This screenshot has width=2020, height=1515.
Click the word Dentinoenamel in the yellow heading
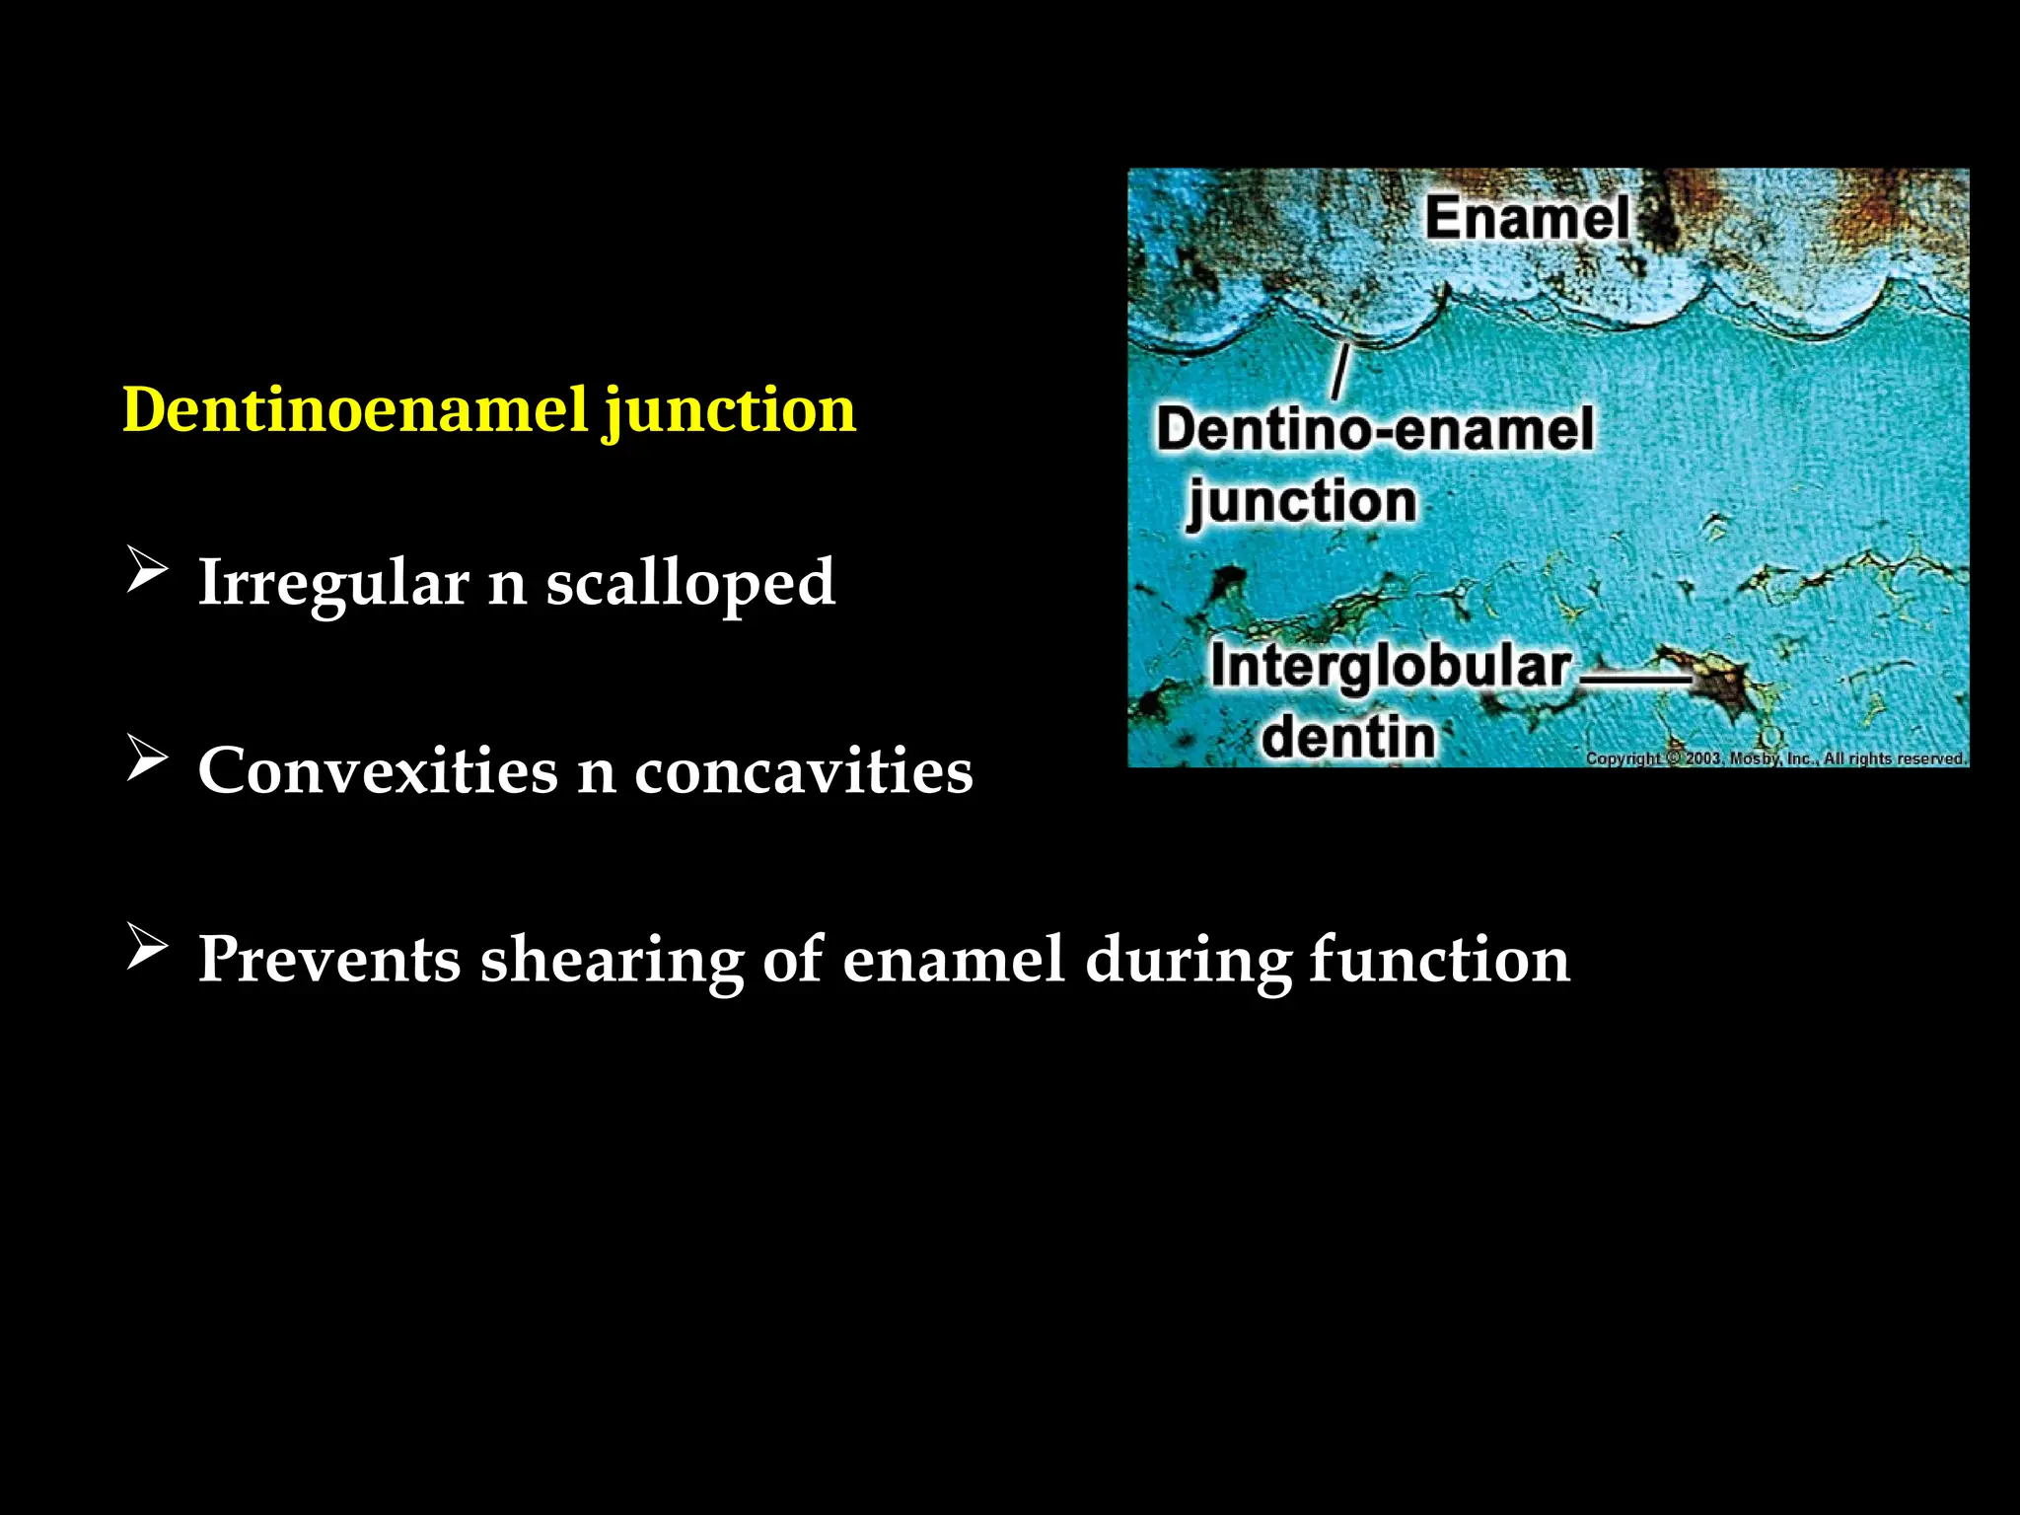point(355,409)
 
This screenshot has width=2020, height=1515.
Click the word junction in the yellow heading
point(730,412)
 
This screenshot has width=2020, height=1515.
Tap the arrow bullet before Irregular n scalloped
point(147,571)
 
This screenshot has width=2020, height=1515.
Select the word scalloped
point(690,583)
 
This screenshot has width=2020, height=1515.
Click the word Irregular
point(333,583)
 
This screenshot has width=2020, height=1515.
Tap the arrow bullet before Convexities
point(147,759)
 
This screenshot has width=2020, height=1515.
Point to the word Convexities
point(378,770)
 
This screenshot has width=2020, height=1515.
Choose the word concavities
point(803,770)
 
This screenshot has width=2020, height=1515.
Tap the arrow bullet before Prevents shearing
point(147,948)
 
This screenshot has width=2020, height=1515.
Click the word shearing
point(612,960)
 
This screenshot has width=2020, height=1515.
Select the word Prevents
point(329,959)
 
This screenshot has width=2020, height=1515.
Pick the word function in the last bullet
point(1439,959)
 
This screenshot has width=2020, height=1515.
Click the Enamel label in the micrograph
point(1527,217)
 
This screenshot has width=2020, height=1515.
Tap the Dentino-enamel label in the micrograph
point(1375,430)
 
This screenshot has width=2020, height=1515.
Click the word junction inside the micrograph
point(1302,502)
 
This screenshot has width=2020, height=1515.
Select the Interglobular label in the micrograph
point(1391,667)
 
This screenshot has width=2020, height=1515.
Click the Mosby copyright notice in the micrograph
point(1775,758)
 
